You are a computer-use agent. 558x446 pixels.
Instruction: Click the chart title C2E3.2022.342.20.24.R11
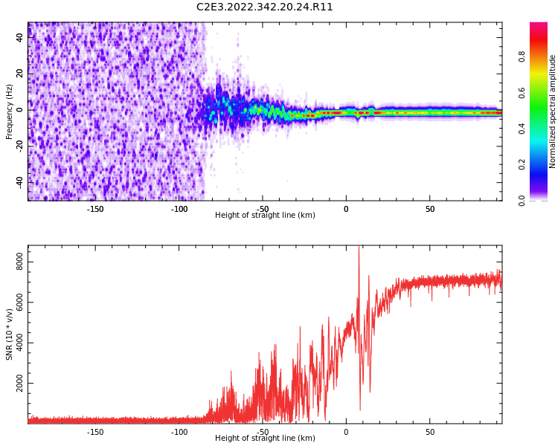[265, 7]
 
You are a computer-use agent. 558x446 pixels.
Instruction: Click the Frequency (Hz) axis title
[10, 111]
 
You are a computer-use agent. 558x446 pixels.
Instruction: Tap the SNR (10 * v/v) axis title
[10, 334]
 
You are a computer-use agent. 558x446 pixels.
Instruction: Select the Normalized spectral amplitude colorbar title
[553, 111]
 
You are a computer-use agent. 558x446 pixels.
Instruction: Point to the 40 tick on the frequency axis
[20, 38]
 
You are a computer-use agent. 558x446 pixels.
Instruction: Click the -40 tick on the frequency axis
[18, 181]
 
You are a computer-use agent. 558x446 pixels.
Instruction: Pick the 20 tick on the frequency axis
[20, 74]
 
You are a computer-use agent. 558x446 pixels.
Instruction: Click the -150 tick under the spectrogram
[95, 209]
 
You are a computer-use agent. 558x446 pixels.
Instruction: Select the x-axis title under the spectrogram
[265, 216]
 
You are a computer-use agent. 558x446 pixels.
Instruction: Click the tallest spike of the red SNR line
[359, 247]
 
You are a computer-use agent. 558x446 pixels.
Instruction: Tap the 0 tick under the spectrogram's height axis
[346, 209]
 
